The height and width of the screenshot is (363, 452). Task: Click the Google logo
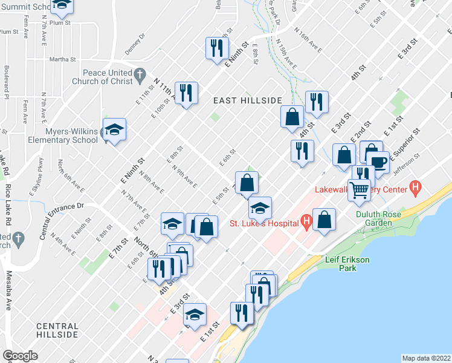pos(21,355)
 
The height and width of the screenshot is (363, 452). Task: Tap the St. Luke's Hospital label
pos(264,223)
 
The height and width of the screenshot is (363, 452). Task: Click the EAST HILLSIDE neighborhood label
pos(247,100)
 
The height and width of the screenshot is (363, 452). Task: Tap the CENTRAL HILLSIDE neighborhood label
pos(57,330)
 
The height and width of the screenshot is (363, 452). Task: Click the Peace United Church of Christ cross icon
pos(140,76)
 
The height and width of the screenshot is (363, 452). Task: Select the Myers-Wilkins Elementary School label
pos(63,136)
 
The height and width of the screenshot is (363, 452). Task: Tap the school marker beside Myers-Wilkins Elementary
pos(114,129)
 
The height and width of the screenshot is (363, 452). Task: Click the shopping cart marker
pos(359,190)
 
